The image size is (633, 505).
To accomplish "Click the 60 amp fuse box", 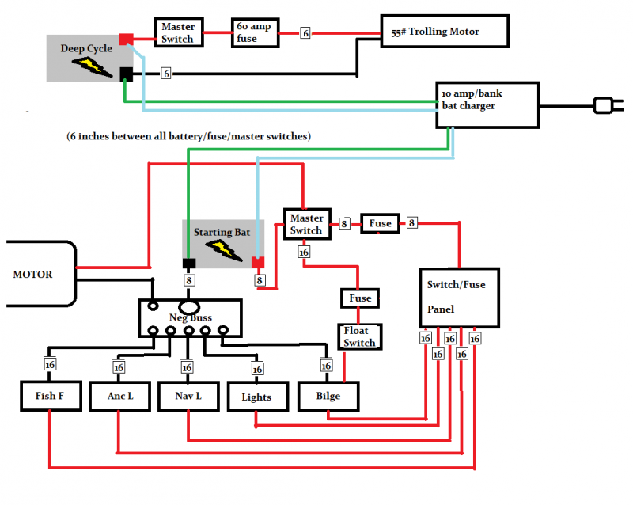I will coord(254,33).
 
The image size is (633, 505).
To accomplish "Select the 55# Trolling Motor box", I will coord(444,32).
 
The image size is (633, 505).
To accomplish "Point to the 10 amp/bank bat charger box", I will coord(486,105).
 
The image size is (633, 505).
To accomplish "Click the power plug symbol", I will coord(605,104).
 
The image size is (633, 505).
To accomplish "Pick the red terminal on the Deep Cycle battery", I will coord(126,39).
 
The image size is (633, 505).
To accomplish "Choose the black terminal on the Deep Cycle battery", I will coord(126,74).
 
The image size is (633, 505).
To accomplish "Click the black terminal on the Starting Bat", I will coord(190,264).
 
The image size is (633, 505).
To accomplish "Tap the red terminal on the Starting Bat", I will coord(259,264).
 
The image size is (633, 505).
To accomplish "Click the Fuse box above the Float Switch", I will coord(360,298).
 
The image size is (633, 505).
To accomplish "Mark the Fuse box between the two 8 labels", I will coord(380,224).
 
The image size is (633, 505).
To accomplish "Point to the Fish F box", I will coord(51,396).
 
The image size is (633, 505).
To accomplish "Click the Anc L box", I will coord(119,396).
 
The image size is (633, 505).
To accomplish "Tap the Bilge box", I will coord(328,396).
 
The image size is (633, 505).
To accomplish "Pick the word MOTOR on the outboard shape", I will coord(32,275).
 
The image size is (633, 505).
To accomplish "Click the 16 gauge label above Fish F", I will coord(50,365).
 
